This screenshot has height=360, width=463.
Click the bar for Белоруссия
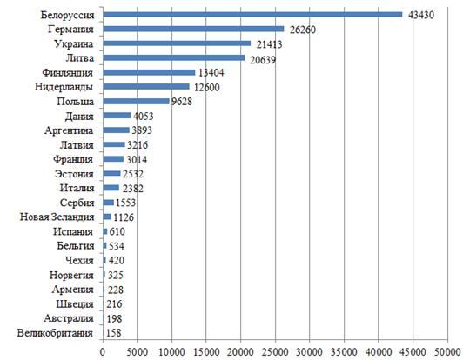(x=252, y=15)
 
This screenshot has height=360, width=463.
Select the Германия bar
(x=193, y=29)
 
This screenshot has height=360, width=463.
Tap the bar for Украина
(x=177, y=43)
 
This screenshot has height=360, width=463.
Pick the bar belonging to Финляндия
(x=149, y=72)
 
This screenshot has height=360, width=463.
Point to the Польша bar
(x=136, y=101)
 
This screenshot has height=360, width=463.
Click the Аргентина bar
(x=117, y=130)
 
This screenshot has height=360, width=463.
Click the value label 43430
(x=421, y=15)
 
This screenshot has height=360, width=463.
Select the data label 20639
(x=263, y=60)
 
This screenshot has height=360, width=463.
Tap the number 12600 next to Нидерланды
(x=207, y=87)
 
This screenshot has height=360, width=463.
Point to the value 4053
(x=144, y=116)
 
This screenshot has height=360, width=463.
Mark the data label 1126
(x=124, y=217)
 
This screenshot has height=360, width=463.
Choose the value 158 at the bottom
(x=113, y=333)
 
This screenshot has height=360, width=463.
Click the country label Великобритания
(x=55, y=333)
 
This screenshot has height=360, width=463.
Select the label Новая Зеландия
(x=57, y=217)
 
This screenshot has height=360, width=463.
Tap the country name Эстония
(x=74, y=174)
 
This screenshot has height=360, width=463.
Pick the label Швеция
(x=75, y=304)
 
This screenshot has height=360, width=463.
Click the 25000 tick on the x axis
(x=275, y=352)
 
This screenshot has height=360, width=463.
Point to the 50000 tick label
(x=447, y=352)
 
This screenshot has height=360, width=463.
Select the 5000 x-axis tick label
(x=137, y=352)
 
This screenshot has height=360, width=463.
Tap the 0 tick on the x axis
(x=103, y=352)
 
